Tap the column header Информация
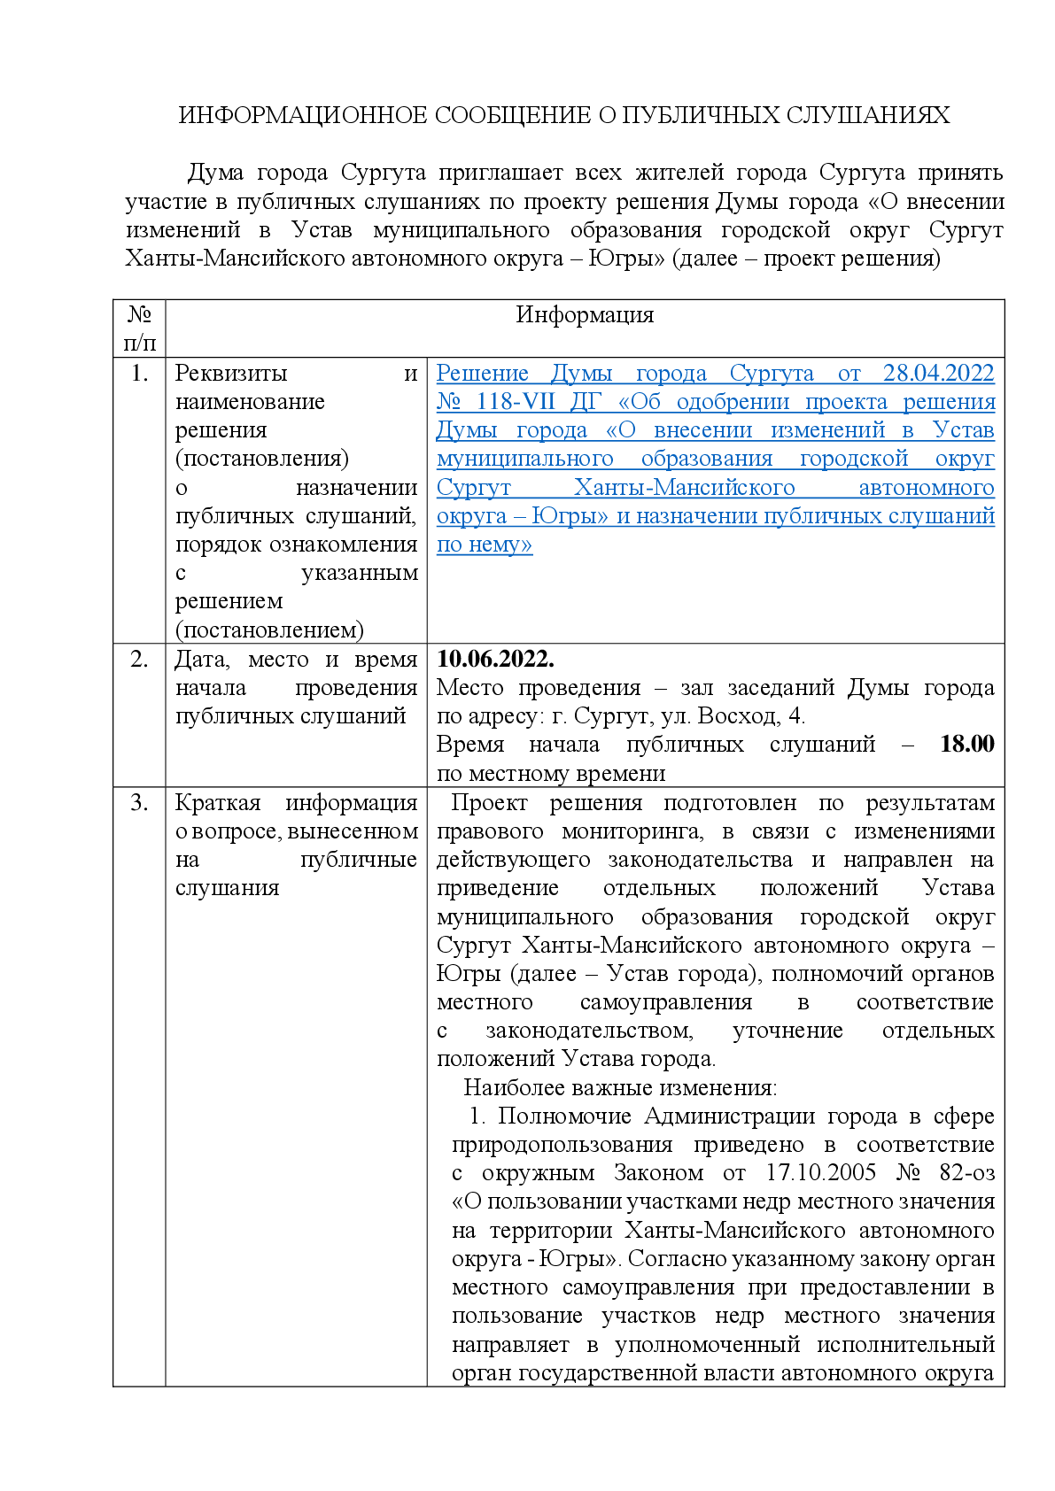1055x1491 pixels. (585, 315)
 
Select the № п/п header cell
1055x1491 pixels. (139, 328)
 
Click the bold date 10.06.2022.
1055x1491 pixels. (495, 660)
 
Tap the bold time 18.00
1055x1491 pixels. (966, 745)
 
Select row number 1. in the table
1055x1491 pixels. (139, 374)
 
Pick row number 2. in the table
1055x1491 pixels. (139, 660)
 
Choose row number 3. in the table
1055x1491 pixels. (139, 803)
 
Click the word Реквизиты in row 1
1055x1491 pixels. (231, 374)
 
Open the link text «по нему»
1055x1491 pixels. (484, 545)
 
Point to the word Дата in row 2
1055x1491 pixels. (201, 660)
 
